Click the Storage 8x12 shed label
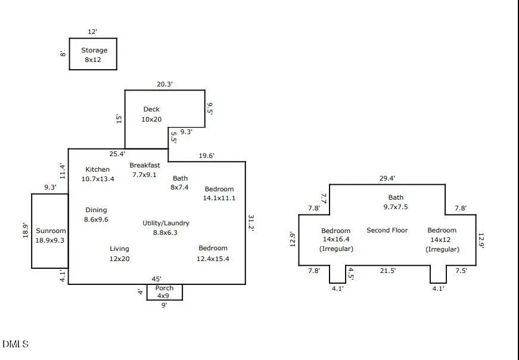coord(94,55)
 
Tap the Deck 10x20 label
coord(151,114)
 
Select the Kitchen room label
coord(98,173)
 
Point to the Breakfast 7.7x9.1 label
coord(144,170)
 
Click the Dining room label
coord(96,215)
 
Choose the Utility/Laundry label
coord(166,228)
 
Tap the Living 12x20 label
coord(119,253)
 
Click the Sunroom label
coord(51,235)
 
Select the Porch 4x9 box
coord(164,292)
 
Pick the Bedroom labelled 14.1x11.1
coord(219,194)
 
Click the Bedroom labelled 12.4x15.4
coord(213,253)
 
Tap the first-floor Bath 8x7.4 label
coord(180,182)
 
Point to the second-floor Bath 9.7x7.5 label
coord(396,202)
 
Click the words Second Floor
coord(387,230)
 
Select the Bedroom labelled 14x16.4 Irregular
coord(336,239)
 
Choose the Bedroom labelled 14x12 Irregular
coord(442,239)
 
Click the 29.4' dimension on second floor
coord(387,178)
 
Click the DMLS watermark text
coord(15,344)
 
